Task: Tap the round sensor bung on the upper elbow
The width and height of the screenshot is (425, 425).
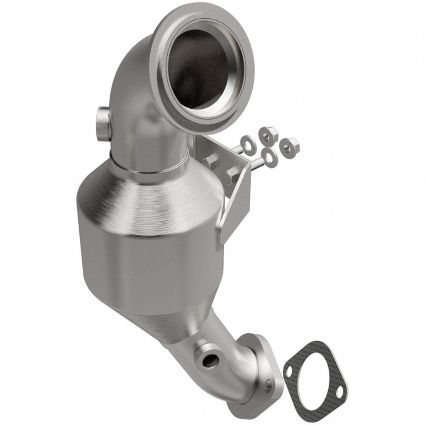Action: (x=103, y=124)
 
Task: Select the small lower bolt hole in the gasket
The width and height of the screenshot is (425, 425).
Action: (x=340, y=392)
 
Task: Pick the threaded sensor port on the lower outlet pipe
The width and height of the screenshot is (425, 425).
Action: (x=208, y=361)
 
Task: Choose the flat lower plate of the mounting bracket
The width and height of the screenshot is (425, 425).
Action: (x=234, y=212)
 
